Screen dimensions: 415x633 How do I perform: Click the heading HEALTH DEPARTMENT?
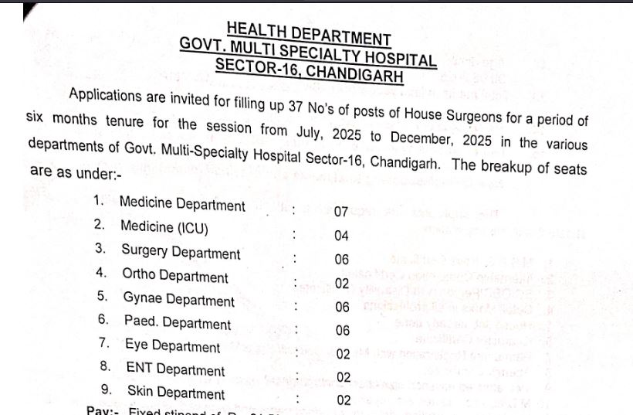[309, 33]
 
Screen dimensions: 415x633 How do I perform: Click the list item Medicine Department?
[182, 204]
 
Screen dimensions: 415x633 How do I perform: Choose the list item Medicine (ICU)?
[164, 227]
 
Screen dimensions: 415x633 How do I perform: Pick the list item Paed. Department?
[177, 321]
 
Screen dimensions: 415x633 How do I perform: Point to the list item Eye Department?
[172, 345]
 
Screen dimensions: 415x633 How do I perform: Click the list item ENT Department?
[175, 369]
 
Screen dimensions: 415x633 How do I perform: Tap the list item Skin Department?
[176, 392]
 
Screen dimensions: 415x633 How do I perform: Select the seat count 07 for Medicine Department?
[341, 212]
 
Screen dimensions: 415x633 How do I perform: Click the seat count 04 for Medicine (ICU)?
[342, 236]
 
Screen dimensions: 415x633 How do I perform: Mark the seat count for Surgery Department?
[342, 260]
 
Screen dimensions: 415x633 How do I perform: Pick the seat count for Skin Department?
[344, 400]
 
